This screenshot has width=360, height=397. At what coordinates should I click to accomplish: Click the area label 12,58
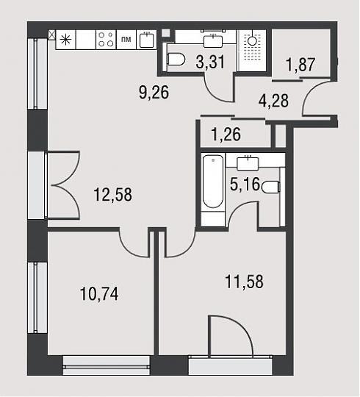(x=113, y=195)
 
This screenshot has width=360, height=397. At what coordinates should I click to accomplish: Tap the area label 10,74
(x=99, y=293)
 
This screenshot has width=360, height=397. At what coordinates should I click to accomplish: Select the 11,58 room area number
(x=244, y=282)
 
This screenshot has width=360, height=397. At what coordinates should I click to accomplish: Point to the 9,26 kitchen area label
(x=154, y=92)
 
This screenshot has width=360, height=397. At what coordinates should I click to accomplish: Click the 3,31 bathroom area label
(x=210, y=62)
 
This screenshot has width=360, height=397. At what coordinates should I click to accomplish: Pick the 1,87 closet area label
(x=300, y=65)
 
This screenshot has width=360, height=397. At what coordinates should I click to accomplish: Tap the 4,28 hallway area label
(x=273, y=101)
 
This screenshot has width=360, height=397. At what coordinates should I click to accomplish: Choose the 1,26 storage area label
(x=226, y=135)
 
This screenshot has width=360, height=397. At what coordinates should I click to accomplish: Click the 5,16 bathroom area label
(x=245, y=184)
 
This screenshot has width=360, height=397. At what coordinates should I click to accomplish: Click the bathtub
(x=213, y=182)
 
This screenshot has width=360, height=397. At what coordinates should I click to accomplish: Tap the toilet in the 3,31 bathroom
(x=176, y=60)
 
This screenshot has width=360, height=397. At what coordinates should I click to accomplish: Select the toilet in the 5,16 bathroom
(x=271, y=187)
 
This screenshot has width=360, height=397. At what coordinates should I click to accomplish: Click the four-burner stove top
(x=106, y=40)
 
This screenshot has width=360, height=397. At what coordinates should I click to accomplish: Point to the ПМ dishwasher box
(x=126, y=40)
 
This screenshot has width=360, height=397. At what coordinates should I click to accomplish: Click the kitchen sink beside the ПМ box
(x=147, y=40)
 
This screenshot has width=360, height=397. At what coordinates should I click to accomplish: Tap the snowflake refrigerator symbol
(x=65, y=40)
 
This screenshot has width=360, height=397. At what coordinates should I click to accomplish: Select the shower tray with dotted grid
(x=252, y=50)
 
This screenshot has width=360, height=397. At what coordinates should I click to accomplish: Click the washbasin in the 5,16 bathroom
(x=248, y=163)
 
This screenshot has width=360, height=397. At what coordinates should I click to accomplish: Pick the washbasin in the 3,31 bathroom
(x=213, y=41)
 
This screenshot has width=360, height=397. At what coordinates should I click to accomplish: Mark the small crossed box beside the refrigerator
(x=51, y=35)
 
